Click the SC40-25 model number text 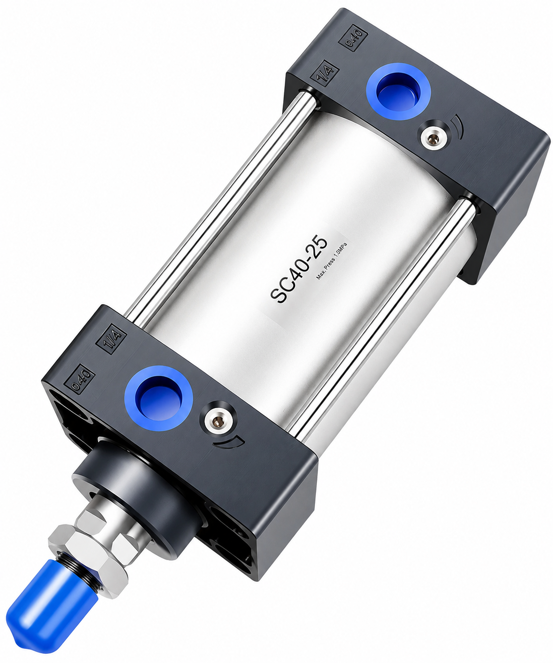[x=298, y=268]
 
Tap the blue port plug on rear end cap [x=398, y=91]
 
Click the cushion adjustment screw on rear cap [x=433, y=137]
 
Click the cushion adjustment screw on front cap [x=218, y=421]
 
